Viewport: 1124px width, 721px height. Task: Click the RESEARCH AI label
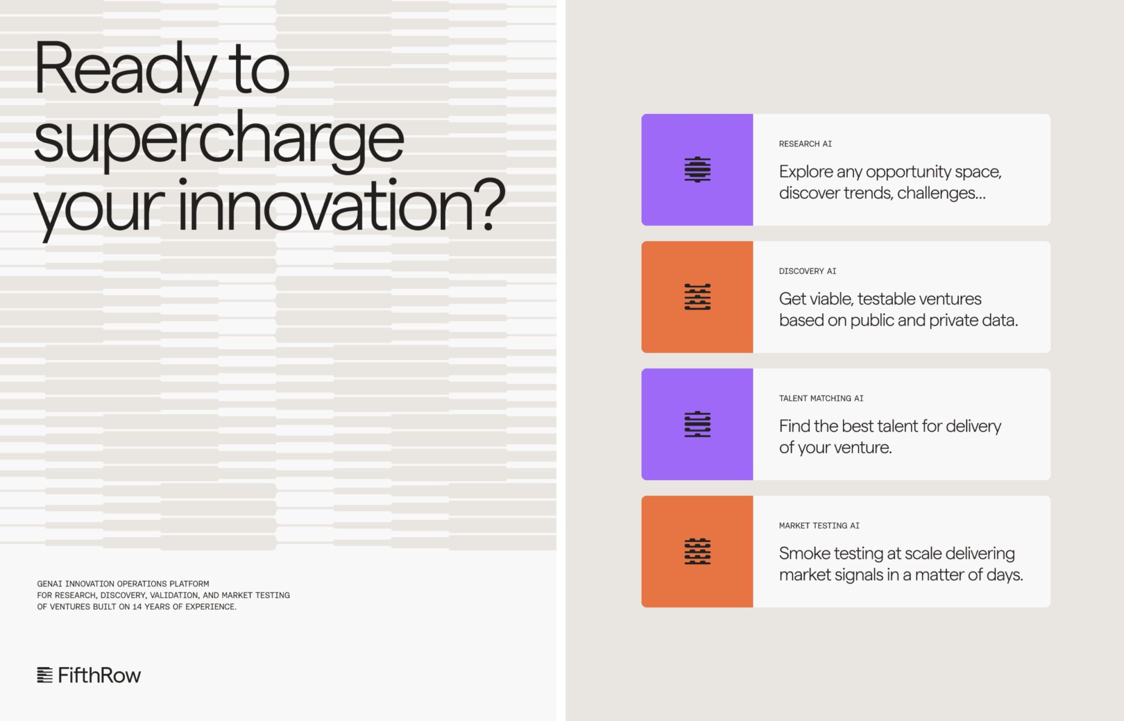coord(805,144)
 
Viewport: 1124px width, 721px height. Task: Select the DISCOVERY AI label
coord(807,271)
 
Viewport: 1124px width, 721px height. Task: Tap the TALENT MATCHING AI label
coord(821,399)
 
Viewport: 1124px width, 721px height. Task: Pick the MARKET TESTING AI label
coord(819,526)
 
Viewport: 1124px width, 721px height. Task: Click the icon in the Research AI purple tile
coord(698,169)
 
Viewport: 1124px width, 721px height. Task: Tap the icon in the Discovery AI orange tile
coord(698,297)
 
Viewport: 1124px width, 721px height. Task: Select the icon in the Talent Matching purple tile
coord(698,424)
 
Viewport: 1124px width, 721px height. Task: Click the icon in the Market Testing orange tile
coord(698,552)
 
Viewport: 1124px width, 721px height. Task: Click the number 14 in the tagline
coord(137,607)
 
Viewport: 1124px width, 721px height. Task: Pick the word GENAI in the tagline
coord(49,584)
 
